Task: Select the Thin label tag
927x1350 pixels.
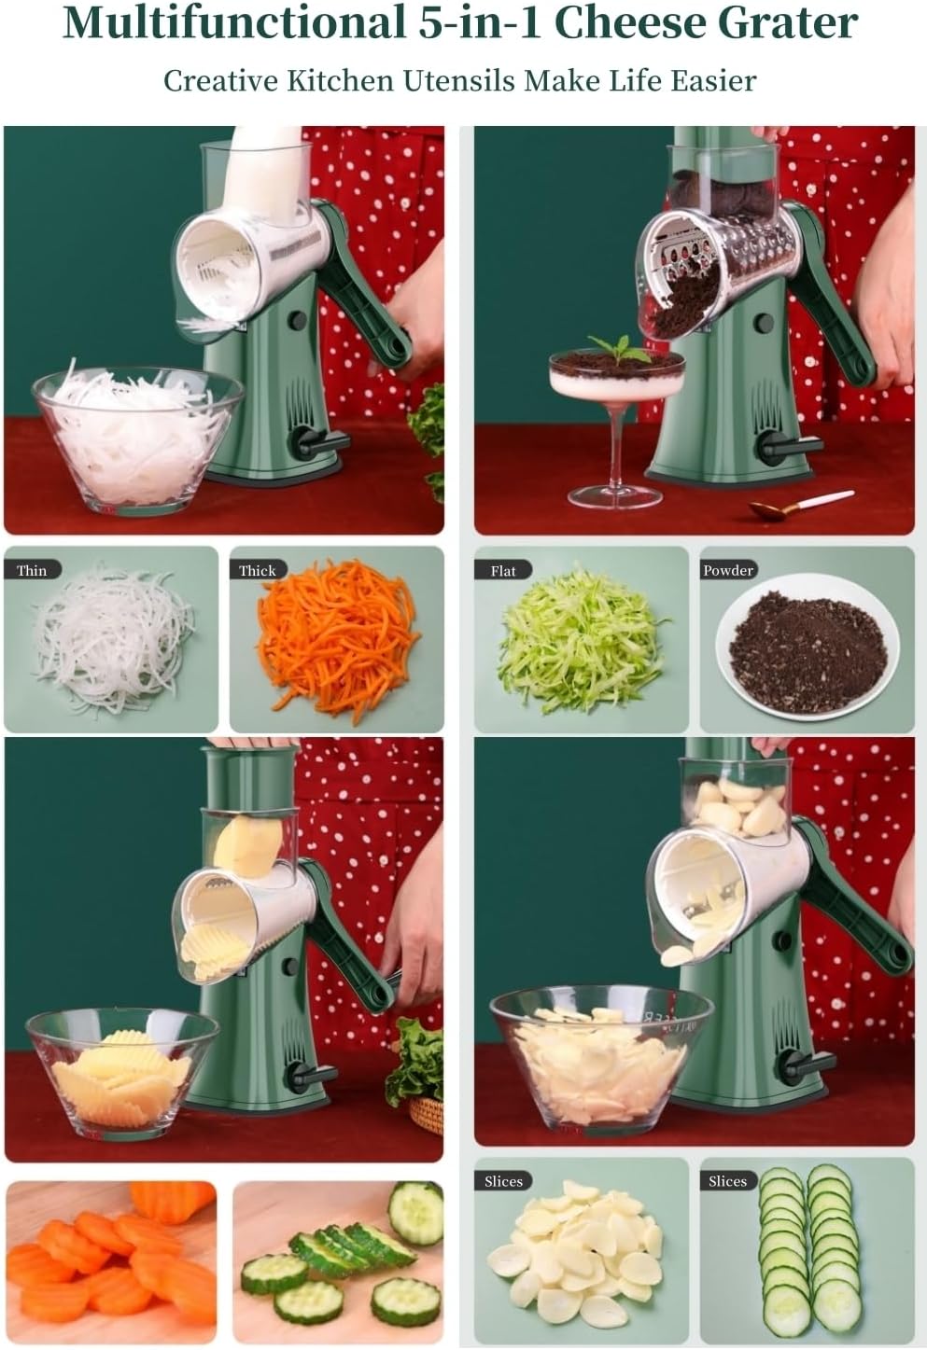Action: pos(33,570)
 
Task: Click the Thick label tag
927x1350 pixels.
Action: pos(258,570)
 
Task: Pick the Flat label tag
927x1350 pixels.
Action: pos(503,570)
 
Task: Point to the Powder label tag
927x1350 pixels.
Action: pos(728,570)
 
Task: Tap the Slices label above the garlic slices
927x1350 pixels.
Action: pos(503,1181)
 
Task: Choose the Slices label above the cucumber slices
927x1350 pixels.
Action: pos(728,1181)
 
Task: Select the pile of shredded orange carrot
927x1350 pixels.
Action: pos(338,639)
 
